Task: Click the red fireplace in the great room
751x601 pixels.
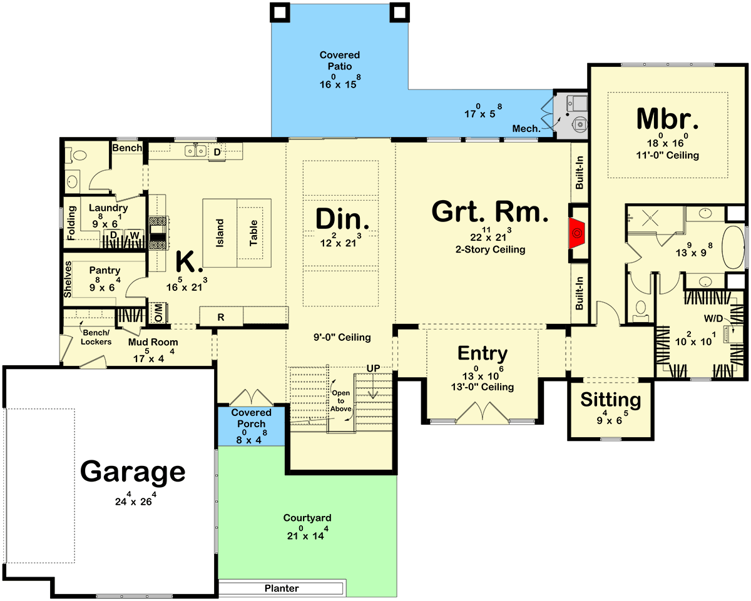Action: tap(577, 233)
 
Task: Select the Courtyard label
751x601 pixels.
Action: tap(307, 518)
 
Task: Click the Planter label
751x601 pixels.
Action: tap(282, 588)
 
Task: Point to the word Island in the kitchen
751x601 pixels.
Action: tap(220, 233)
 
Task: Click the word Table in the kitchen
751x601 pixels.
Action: tap(253, 233)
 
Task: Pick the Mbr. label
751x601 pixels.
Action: tap(667, 119)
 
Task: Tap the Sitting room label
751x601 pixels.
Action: tap(610, 400)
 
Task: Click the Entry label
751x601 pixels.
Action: tap(483, 353)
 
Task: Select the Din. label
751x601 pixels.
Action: tap(342, 219)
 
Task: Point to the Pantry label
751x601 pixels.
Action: tap(105, 270)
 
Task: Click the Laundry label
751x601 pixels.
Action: tap(108, 208)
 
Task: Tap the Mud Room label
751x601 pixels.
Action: tap(153, 342)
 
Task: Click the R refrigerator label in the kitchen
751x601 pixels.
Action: tap(220, 318)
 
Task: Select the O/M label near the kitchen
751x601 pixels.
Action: tap(158, 313)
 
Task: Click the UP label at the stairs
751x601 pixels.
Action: tap(373, 368)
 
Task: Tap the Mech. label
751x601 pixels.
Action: tap(526, 129)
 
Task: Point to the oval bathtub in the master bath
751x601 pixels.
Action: tap(733, 247)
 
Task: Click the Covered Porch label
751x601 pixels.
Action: tap(251, 418)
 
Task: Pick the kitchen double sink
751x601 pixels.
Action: tap(195, 151)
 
